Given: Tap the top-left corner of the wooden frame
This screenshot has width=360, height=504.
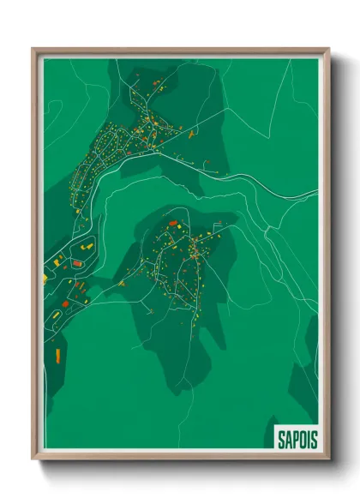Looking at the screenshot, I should tap(33, 49).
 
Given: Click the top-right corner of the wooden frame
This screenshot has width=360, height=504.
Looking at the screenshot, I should tap(329, 49).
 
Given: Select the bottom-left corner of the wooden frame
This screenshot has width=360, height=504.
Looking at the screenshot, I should tap(33, 459).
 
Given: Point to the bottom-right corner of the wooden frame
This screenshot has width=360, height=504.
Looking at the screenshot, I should tap(329, 459).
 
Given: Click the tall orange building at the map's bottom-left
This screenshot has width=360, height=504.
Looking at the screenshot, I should tap(57, 353).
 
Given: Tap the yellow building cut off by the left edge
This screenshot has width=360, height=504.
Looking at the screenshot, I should tap(46, 278).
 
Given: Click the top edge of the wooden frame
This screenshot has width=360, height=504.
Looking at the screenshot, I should tap(181, 50).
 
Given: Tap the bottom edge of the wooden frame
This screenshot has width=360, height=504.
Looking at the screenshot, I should tap(181, 458).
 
